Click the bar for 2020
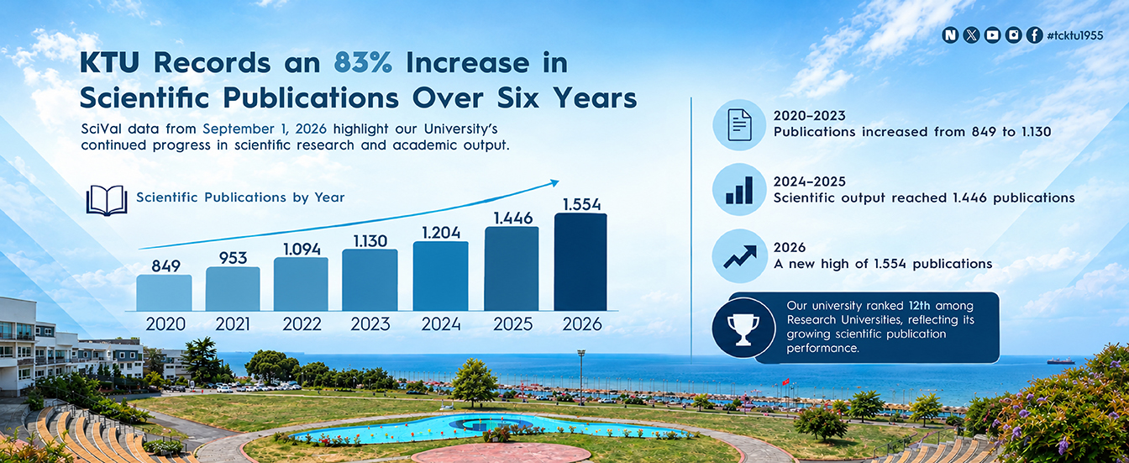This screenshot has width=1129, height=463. (x=164, y=292)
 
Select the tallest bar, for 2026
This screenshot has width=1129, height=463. (x=580, y=262)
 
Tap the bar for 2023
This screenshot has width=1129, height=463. (x=370, y=280)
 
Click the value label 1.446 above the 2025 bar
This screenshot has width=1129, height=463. (x=513, y=218)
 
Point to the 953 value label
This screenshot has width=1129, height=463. (x=233, y=258)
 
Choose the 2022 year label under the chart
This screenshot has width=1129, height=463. (x=302, y=324)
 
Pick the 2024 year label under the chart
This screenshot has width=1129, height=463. (x=441, y=324)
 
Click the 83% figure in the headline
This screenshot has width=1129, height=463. (x=363, y=63)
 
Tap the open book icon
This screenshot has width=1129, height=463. (x=107, y=200)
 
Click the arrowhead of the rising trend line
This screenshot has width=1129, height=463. (x=554, y=182)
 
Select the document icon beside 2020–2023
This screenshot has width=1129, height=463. (x=739, y=124)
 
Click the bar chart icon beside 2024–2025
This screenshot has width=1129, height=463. (x=739, y=190)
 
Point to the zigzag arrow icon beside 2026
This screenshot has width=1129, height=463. (x=740, y=257)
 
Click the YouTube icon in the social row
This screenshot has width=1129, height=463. (x=992, y=34)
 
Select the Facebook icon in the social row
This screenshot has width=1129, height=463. (x=1035, y=34)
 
